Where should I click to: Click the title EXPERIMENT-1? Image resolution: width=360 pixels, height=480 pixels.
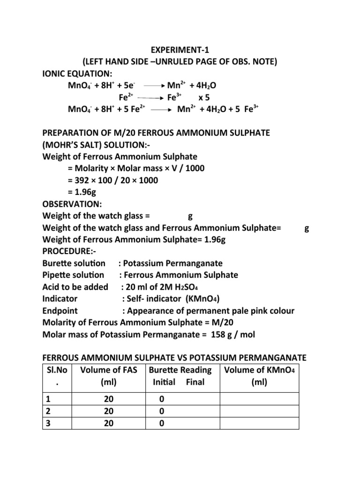(180, 51)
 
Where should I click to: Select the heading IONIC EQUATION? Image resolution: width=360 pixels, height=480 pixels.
(77, 74)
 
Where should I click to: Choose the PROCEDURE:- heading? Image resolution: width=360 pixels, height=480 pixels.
(68, 252)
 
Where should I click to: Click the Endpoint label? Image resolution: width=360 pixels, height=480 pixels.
(60, 311)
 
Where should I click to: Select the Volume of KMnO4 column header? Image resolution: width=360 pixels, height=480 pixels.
(259, 370)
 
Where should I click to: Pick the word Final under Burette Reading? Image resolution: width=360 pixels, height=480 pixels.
(195, 382)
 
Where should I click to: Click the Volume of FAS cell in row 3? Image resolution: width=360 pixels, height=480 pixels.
(109, 423)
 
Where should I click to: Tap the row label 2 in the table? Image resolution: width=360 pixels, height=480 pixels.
(46, 411)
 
